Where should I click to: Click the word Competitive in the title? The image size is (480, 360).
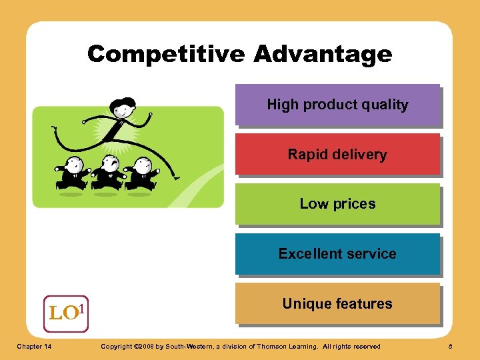click(166, 54)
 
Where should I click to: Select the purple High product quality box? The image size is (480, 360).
click(337, 105)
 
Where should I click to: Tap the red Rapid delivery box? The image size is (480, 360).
click(337, 155)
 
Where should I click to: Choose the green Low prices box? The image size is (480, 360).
click(337, 204)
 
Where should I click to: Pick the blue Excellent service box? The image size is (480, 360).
click(337, 254)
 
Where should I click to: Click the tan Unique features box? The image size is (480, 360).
click(337, 304)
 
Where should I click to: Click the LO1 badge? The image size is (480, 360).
click(66, 313)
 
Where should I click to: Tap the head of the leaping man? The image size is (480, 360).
click(123, 107)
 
